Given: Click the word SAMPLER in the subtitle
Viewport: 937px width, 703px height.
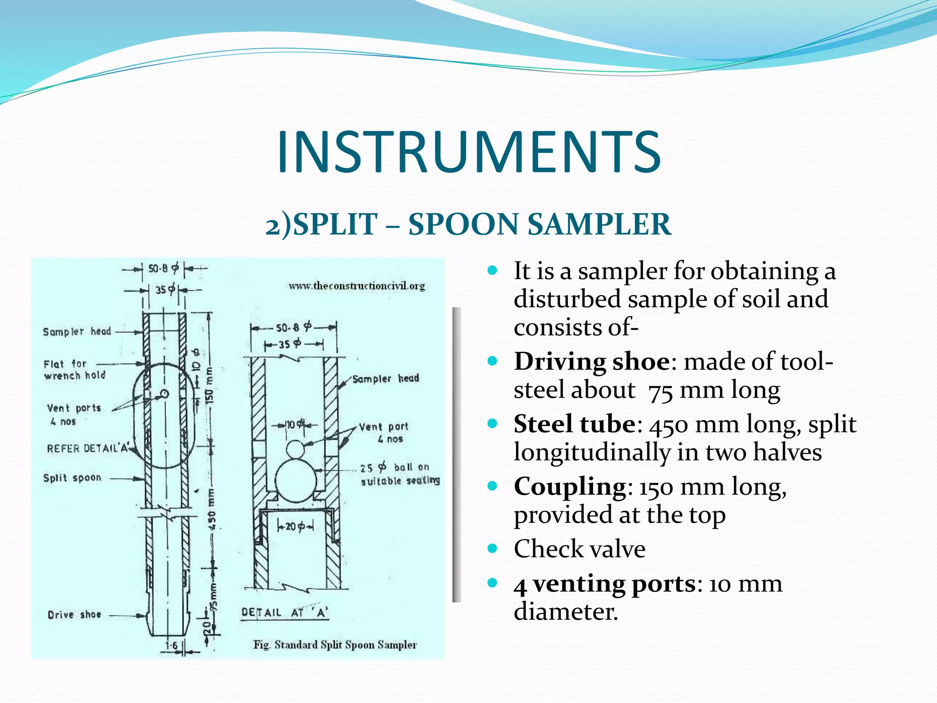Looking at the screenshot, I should click(x=599, y=224).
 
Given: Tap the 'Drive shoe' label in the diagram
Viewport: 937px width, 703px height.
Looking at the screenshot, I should click(x=74, y=615).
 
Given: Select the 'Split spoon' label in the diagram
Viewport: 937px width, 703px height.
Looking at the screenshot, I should click(x=72, y=478).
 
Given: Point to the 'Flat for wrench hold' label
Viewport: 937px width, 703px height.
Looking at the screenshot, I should click(x=75, y=370).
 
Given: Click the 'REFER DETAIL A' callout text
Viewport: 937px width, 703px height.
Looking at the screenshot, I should click(x=88, y=448).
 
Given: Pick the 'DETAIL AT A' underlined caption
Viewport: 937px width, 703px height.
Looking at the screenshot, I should click(x=285, y=613).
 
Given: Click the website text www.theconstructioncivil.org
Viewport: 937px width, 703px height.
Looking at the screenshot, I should click(x=357, y=286).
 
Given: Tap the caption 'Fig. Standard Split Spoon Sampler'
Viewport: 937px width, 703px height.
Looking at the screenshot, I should click(x=335, y=645).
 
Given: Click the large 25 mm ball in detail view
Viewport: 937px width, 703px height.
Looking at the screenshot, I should click(x=296, y=480).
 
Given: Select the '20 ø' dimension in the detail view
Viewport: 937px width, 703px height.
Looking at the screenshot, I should click(x=295, y=527).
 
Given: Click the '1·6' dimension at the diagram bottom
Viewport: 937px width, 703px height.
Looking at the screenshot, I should click(x=172, y=646).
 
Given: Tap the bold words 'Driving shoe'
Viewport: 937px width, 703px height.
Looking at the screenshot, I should click(x=592, y=362).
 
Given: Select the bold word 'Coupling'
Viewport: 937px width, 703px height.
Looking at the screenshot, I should click(x=570, y=486).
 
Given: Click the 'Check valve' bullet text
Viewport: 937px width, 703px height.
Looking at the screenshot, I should click(x=579, y=549).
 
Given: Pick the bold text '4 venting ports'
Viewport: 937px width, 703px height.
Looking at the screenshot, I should click(x=604, y=584).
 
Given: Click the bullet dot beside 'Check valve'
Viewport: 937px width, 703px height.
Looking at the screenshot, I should click(x=492, y=548).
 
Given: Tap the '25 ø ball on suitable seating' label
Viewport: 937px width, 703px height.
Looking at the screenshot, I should click(x=400, y=474).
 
